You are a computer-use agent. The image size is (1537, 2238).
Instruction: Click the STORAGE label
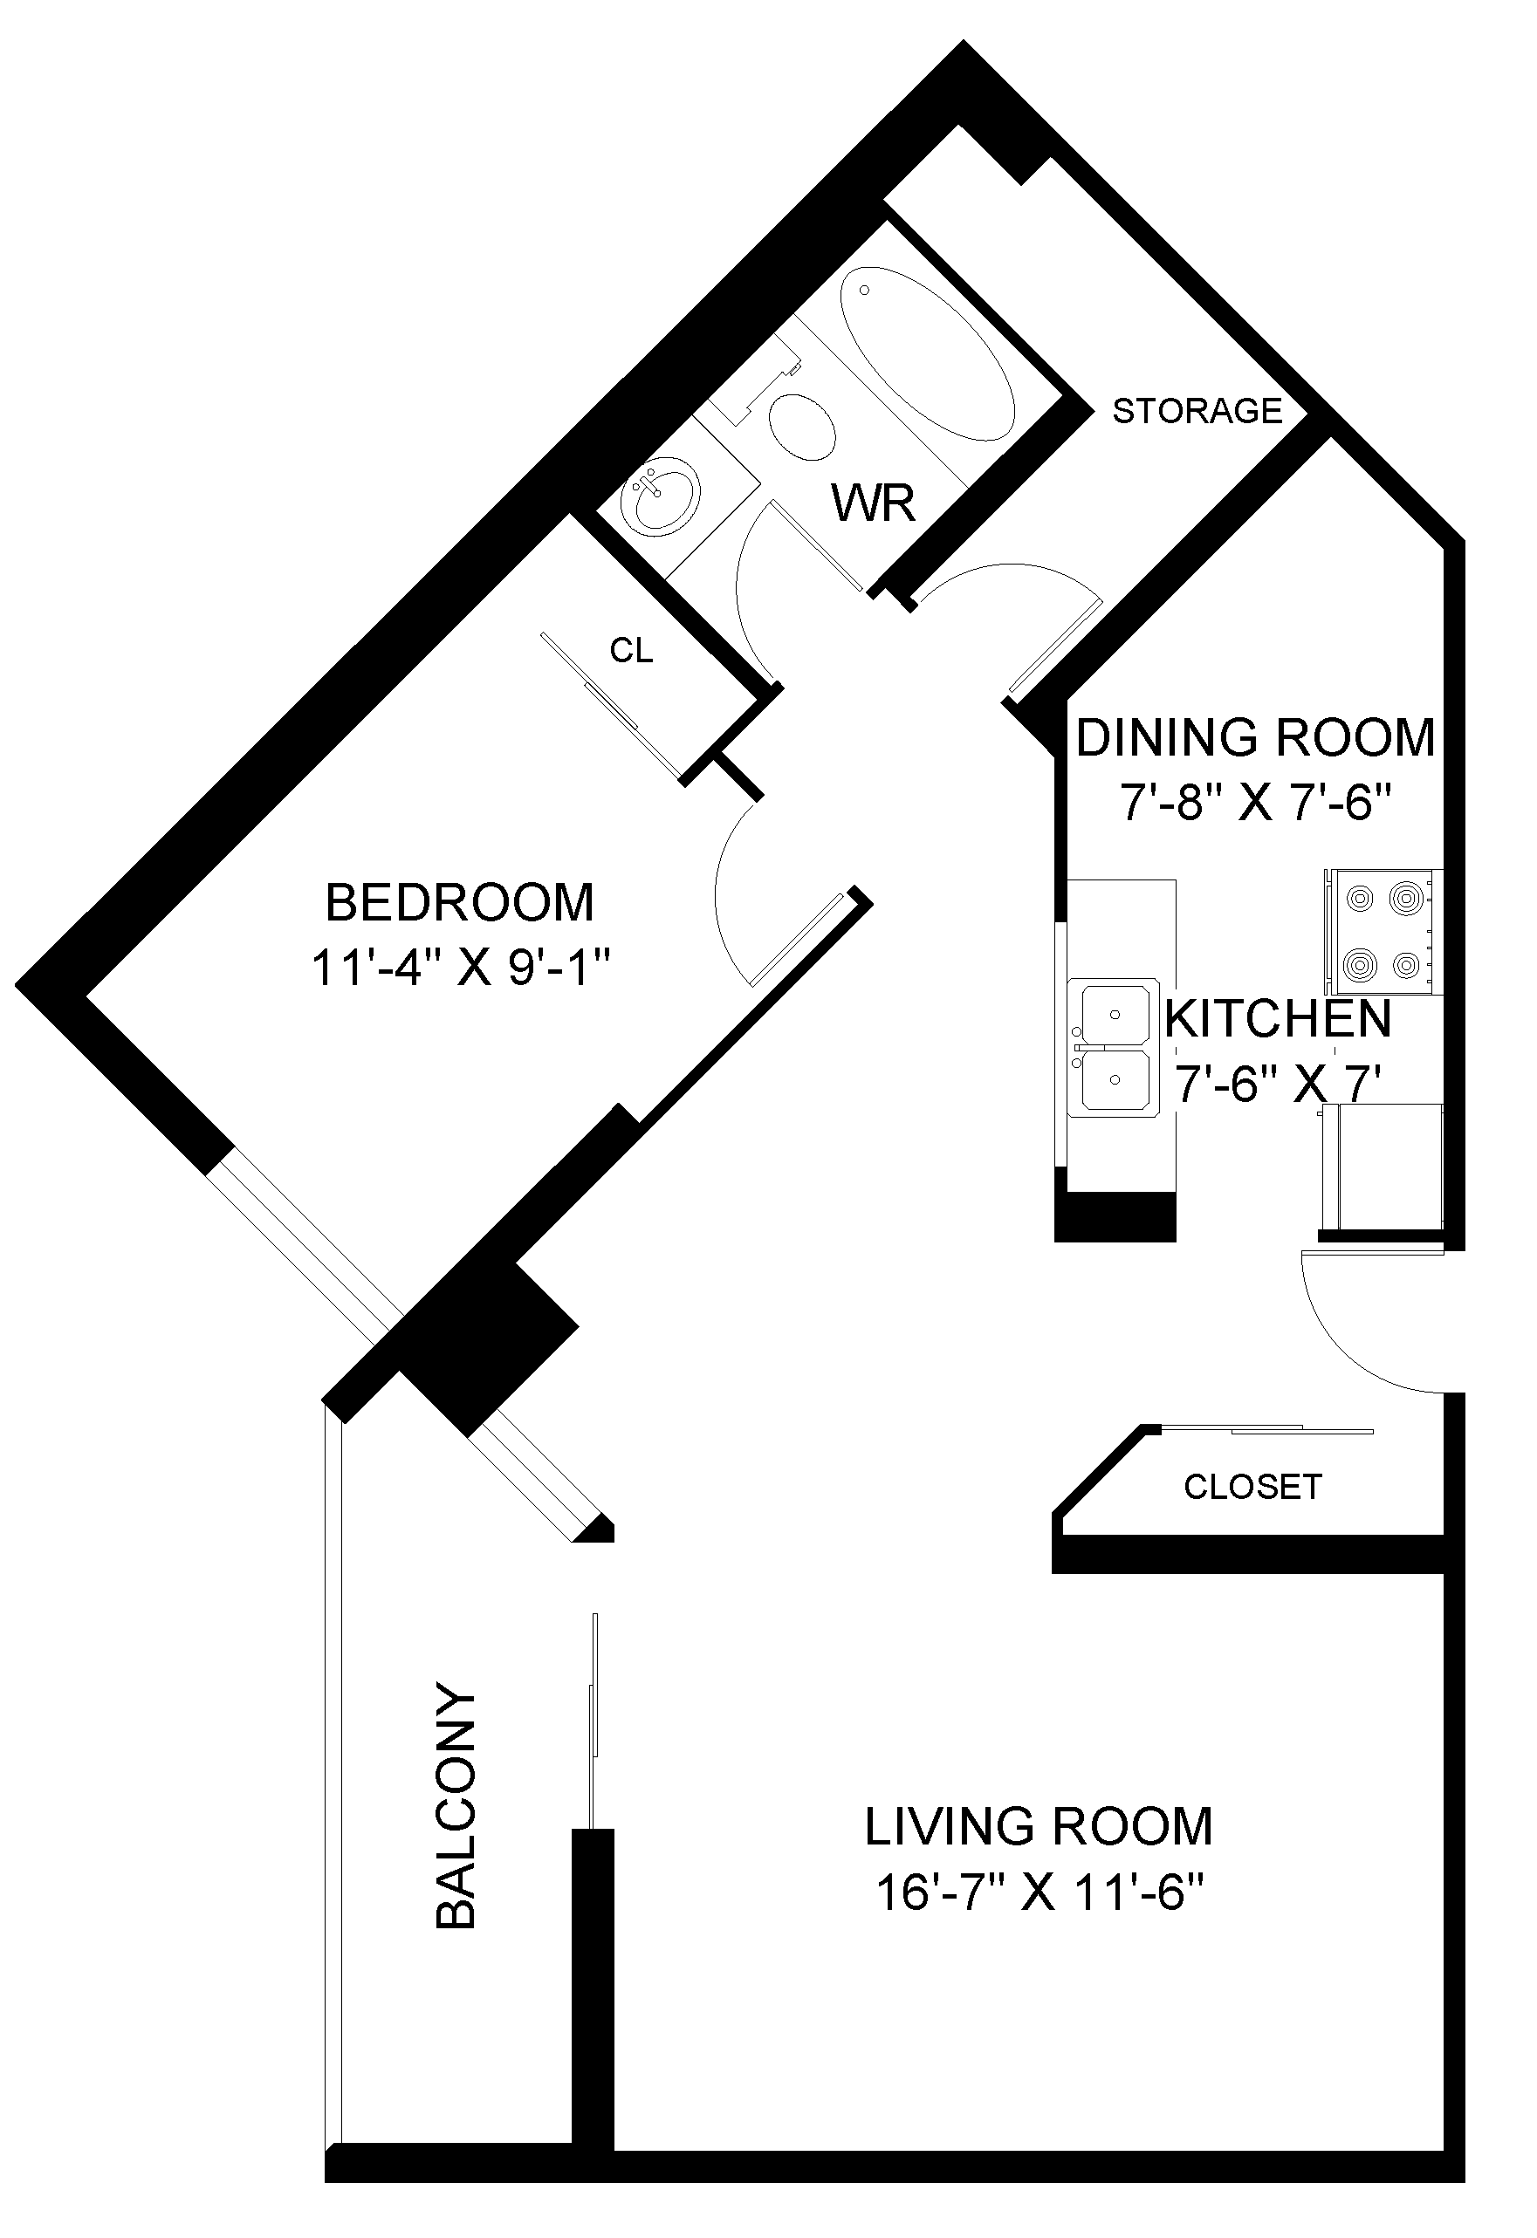click(x=1197, y=411)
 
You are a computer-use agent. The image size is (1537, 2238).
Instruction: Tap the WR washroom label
click(x=874, y=503)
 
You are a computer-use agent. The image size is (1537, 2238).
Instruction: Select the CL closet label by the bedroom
click(x=632, y=651)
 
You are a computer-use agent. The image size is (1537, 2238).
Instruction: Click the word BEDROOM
click(x=459, y=902)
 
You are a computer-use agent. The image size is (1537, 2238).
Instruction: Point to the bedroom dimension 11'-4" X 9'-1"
click(x=462, y=968)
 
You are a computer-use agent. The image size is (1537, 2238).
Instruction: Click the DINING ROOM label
click(x=1255, y=737)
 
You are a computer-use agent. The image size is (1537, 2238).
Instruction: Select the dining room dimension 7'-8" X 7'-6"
click(x=1256, y=801)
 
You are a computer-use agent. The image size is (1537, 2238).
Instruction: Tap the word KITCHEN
click(x=1279, y=1019)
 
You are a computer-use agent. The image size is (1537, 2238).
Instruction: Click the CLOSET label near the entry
click(x=1253, y=1487)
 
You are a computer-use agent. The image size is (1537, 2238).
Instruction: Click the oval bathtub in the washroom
click(x=928, y=353)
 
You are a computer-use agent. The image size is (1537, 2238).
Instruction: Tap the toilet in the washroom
click(x=801, y=427)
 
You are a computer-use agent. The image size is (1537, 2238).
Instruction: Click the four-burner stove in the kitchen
click(x=1384, y=931)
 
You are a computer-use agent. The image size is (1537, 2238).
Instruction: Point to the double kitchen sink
click(x=1115, y=1049)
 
